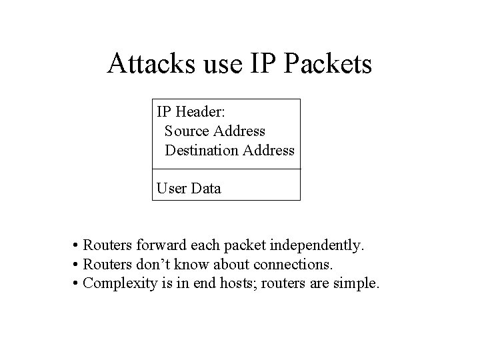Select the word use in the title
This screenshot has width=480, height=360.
[217, 64]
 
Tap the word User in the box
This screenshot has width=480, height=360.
[171, 188]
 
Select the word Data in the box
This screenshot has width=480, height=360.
[206, 188]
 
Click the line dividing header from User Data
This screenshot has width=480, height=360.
[226, 169]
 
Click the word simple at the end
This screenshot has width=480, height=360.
[359, 284]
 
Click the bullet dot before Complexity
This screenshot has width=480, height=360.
[78, 284]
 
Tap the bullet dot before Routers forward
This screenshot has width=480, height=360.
[78, 247]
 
